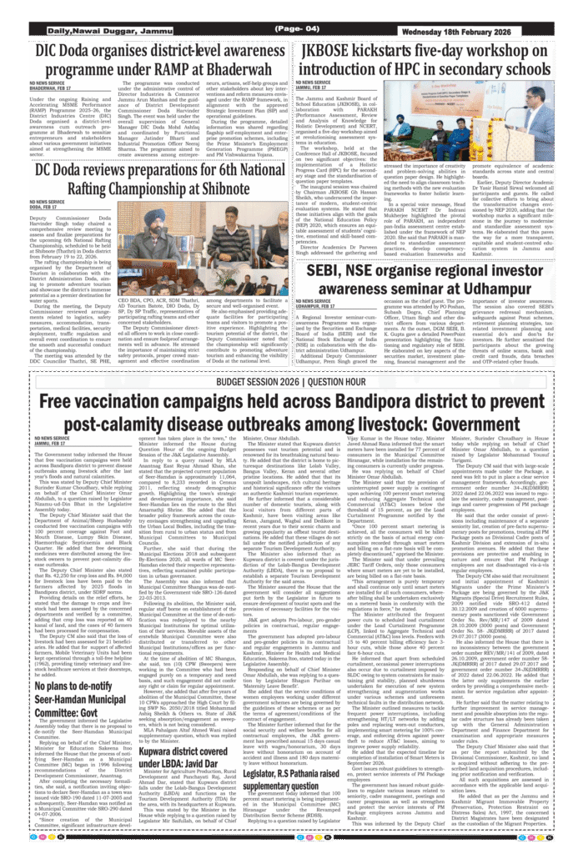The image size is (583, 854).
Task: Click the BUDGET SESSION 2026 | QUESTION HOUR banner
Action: [291, 381]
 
